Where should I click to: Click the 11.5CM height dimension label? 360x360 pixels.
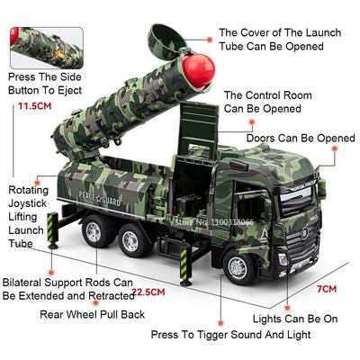[34, 106]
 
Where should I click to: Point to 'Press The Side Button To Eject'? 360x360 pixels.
[44, 83]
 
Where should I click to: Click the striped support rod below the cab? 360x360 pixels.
[185, 265]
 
